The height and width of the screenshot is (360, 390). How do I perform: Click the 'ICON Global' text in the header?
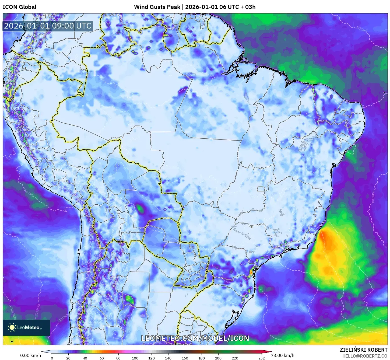19,7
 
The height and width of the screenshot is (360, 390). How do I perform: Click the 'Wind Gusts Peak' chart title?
157,7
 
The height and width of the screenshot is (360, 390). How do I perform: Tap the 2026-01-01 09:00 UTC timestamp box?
48,26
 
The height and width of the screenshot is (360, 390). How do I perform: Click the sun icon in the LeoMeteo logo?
12,327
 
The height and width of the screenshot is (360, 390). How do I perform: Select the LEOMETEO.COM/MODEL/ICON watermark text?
195,338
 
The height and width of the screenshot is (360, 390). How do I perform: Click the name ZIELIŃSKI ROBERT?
363,350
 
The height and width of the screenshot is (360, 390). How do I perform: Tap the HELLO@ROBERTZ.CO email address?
365,356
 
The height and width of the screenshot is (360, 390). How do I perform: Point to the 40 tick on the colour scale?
85,358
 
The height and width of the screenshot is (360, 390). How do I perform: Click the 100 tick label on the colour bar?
135,358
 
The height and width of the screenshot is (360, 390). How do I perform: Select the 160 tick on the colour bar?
185,358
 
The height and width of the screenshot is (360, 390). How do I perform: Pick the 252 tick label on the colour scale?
261,358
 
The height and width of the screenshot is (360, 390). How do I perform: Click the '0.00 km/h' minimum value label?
30,355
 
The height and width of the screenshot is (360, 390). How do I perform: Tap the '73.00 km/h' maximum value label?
282,355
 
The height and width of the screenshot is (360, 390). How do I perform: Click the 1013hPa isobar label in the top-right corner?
361,29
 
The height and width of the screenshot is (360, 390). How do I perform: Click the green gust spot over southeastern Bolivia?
140,208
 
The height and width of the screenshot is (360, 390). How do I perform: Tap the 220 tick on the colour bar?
235,358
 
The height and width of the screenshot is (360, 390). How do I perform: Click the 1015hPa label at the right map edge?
373,197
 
